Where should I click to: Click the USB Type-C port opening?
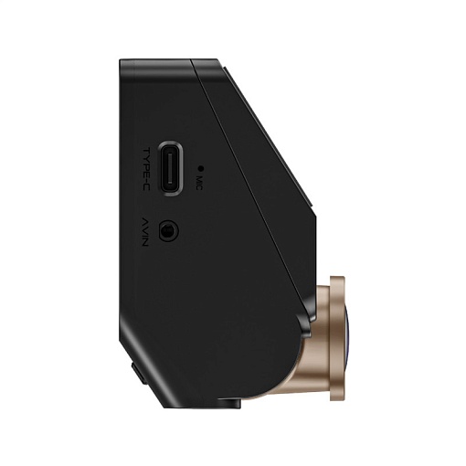point(171,168)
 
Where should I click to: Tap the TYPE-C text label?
point(146,168)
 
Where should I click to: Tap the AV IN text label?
point(146,230)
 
